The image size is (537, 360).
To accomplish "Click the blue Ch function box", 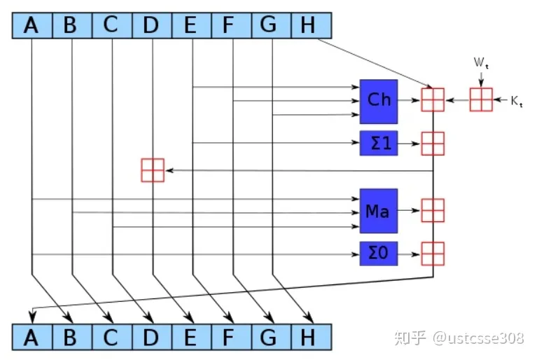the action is coord(379,101).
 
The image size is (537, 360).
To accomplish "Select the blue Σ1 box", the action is coord(379,143).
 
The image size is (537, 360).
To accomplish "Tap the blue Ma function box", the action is coord(379,210).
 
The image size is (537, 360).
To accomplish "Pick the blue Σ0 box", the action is coord(379,252).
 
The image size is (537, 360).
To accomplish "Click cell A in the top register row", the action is coord(32,26).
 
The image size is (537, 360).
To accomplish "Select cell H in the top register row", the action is coord(308,26).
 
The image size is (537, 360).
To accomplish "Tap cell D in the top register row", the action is coord(151,26).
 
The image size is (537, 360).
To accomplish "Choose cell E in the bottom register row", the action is coord(190,338).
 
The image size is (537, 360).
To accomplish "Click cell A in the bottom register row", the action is coord(32,338).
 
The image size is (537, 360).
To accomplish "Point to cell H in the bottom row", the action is coord(308,338).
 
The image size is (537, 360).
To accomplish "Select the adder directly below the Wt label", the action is coord(481,100).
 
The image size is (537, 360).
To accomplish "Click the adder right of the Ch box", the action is coord(432,100).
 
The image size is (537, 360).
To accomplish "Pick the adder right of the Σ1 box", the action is coord(432,143).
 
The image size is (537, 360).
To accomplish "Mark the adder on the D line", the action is coord(152,170).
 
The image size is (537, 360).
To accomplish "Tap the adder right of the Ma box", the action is coord(432,210).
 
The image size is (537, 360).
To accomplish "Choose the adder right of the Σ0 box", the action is coord(432,252).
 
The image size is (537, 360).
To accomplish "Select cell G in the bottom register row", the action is coord(269,338).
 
